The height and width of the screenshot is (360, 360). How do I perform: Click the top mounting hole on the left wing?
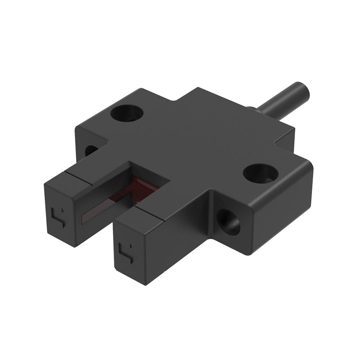[x=127, y=113]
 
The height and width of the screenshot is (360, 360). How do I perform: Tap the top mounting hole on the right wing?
[x=261, y=172]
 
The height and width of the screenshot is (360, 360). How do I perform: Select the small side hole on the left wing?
[x=91, y=150]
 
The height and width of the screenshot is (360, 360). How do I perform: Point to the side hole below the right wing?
[x=228, y=221]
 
